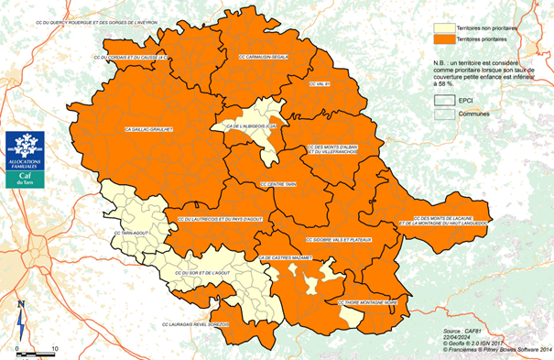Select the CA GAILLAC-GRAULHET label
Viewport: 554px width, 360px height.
[150, 131]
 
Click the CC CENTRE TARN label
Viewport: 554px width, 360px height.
[277, 183]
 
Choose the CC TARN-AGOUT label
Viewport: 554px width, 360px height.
[131, 233]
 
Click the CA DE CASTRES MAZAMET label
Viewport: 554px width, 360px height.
[286, 259]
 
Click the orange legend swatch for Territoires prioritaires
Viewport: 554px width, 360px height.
[441, 41]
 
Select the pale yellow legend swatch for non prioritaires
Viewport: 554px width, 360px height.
[441, 27]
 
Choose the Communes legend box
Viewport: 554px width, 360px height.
[441, 114]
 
